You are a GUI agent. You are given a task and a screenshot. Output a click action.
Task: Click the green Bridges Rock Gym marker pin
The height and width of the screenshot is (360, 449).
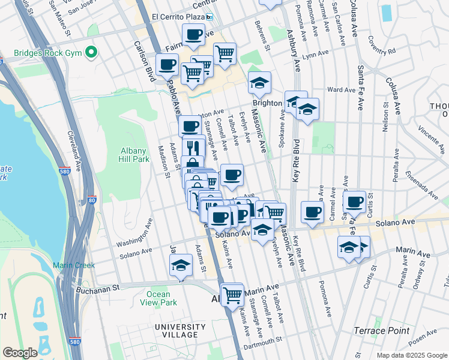[91, 53]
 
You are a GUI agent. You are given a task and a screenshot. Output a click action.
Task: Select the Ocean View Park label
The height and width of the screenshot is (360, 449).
[161, 298]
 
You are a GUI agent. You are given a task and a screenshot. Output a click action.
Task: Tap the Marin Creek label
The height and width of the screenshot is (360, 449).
[73, 265]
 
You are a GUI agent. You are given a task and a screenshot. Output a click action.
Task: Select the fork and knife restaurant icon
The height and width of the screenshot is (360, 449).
[193, 146]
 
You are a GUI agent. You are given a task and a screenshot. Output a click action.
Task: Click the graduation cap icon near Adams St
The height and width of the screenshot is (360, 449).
[180, 266]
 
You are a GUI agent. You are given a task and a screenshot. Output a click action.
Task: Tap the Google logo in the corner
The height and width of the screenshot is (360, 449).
[20, 353]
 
